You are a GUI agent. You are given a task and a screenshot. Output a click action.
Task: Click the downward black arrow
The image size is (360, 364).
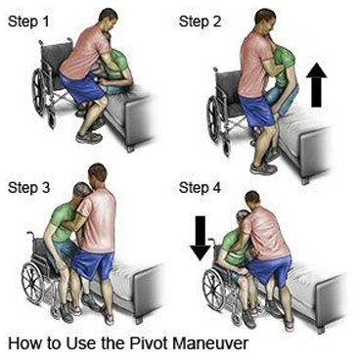(x=201, y=238)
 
